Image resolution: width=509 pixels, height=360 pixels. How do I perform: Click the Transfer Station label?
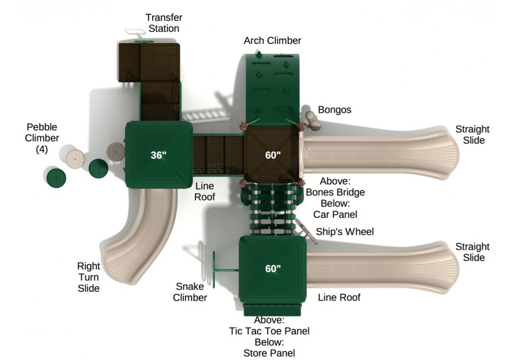pos(163,23)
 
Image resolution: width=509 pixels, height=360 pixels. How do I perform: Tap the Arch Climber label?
pos(272,41)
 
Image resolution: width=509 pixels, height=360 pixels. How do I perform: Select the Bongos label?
pos(334,109)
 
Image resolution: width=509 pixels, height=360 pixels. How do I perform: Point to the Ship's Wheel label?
pos(345,232)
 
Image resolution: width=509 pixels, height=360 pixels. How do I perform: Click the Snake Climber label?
pos(190,292)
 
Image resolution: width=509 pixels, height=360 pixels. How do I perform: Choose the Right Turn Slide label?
pos(88,277)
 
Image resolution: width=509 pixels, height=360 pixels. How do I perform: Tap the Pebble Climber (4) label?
pos(42,138)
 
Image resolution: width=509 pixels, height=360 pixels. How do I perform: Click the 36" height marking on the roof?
pos(158,155)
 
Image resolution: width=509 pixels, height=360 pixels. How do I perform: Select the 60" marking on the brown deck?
pos(273,155)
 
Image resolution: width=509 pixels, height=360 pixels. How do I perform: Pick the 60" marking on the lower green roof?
pos(273,268)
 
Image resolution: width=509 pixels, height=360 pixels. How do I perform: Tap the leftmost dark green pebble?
pos(56,177)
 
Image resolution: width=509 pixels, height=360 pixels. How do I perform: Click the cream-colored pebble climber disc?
pos(75,159)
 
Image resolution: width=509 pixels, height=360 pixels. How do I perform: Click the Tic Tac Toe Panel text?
pos(269,331)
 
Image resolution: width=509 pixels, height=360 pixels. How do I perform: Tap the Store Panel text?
pos(269,353)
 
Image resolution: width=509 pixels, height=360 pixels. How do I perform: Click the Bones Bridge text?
pos(335,192)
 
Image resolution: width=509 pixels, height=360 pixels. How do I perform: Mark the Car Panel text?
pos(335,214)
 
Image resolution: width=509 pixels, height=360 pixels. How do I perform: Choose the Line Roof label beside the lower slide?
pos(339,297)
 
